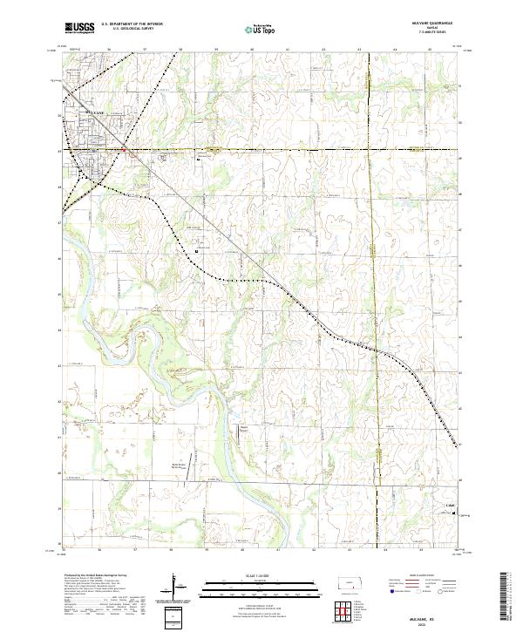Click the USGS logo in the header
[79, 27]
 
